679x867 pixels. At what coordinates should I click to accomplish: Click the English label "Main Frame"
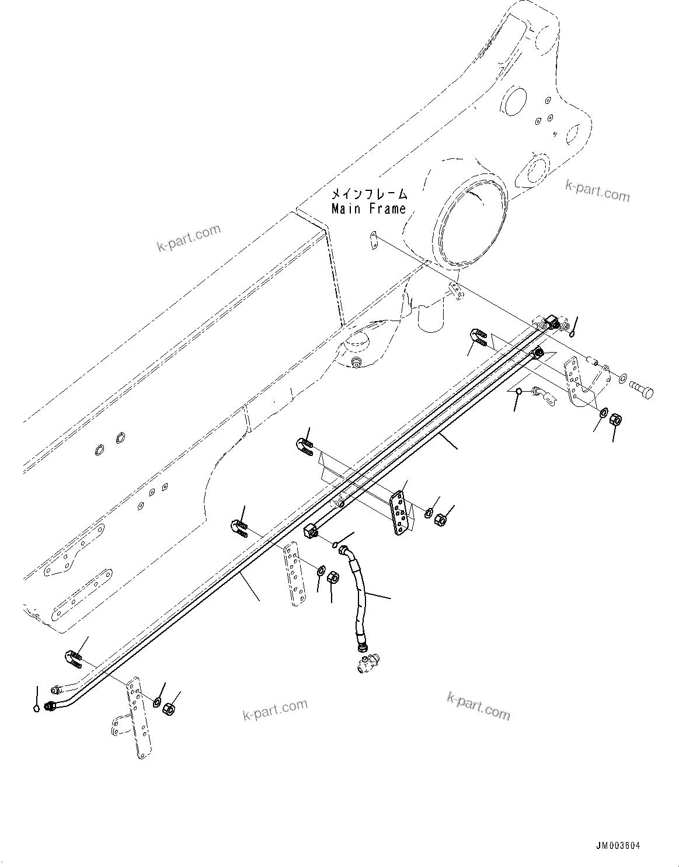368,208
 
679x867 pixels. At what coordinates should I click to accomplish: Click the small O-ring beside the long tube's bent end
37,708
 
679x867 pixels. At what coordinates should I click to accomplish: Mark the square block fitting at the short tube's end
310,531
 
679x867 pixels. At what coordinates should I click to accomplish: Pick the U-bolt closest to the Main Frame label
478,337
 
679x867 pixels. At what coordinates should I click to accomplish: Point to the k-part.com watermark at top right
597,191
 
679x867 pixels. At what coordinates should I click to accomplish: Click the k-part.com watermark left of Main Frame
189,238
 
